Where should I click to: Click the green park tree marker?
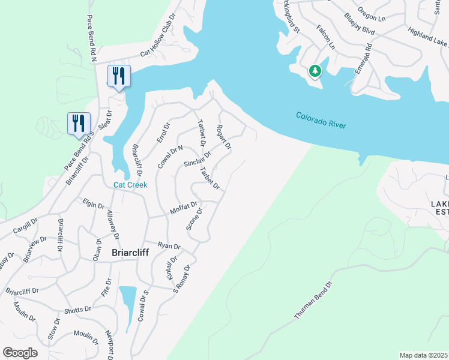coord(315,71)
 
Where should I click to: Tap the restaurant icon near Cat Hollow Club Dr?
coord(118,76)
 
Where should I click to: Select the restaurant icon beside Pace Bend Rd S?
coord(78,124)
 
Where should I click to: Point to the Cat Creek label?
coord(130,185)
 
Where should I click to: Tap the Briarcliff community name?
coord(130,253)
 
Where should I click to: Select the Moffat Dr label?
coord(184,208)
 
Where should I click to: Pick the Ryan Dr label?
coord(169,245)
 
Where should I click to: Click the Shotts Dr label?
coord(78,310)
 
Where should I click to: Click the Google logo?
coord(20,353)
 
